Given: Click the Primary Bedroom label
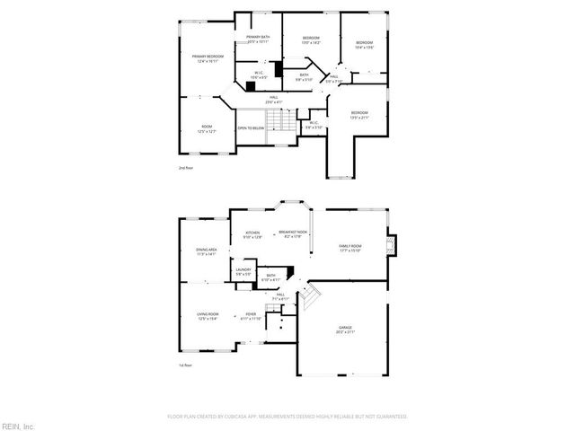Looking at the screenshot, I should pos(205,59).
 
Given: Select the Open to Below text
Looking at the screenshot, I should pos(251,128).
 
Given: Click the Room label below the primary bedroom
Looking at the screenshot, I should pos(206,128).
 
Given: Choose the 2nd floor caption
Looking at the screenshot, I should pos(185,167).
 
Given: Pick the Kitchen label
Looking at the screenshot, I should pos(253,236).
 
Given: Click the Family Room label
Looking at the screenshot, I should pos(349,248).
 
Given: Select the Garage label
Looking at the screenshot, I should pos(345,330).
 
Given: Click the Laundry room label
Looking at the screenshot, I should pos(243,271).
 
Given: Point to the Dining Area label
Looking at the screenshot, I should pos(207,252).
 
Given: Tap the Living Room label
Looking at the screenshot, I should pos(207,316).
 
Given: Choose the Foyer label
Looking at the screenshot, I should pos(250,316).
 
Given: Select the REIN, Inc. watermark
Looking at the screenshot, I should pos(18,425).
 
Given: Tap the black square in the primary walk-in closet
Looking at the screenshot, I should pos(279,70).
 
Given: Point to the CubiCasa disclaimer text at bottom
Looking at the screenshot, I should pos(287,417).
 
